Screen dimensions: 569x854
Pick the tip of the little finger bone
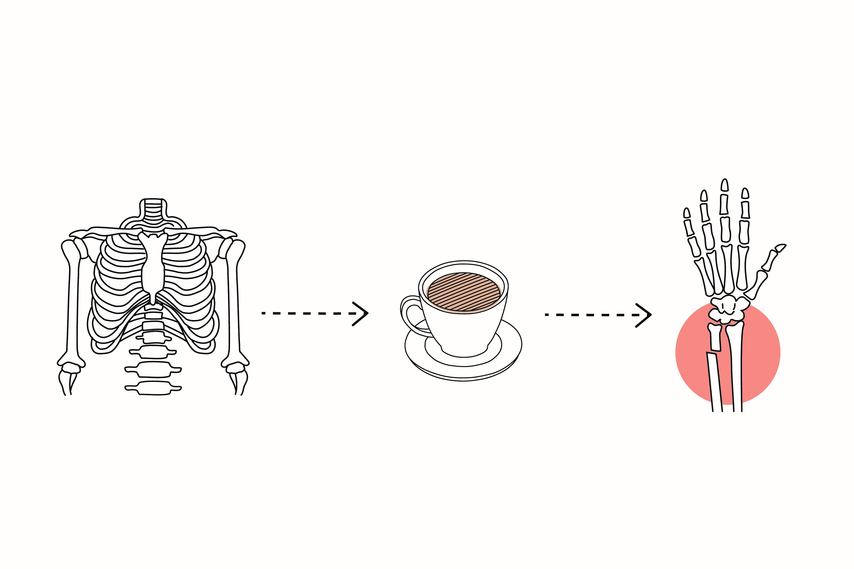pos(687,213)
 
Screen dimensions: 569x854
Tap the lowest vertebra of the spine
pos(153,387)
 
